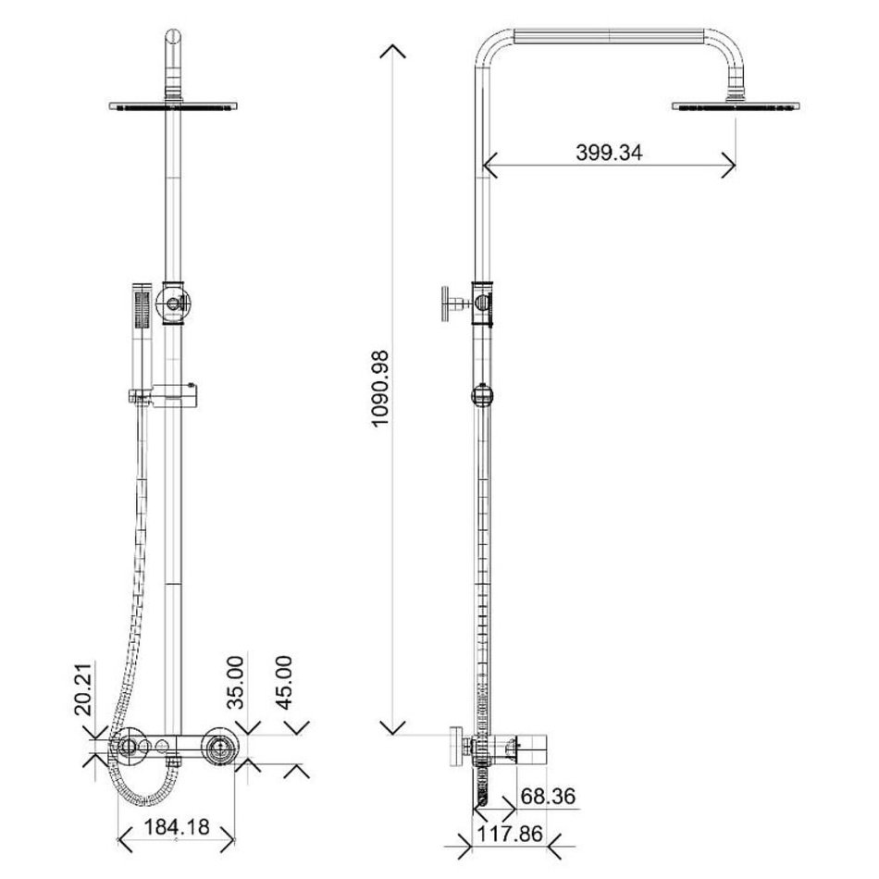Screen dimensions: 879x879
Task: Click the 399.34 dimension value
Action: click(x=609, y=153)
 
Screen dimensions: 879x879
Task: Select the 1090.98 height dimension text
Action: click(x=380, y=389)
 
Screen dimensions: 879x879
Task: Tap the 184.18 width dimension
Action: click(x=177, y=827)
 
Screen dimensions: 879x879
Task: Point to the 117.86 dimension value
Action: click(x=510, y=834)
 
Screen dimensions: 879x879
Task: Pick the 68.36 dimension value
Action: click(x=548, y=796)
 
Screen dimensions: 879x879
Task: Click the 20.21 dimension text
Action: click(x=83, y=690)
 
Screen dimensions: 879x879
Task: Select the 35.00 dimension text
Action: click(x=235, y=682)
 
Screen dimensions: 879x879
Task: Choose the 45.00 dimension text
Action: click(x=284, y=682)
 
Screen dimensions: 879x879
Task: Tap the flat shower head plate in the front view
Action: click(x=173, y=106)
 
